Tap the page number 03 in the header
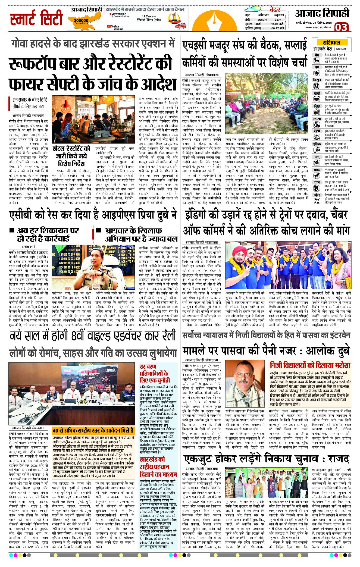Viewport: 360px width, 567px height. (x=341, y=27)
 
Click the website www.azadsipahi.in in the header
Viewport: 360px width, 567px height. (x=318, y=27)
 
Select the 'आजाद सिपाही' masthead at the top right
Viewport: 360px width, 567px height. (x=322, y=14)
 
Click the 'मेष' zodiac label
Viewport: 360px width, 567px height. (x=317, y=55)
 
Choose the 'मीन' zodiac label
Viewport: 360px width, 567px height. (x=317, y=195)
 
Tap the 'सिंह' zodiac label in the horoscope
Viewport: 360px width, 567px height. (x=317, y=106)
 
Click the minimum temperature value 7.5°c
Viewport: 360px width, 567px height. (x=278, y=20)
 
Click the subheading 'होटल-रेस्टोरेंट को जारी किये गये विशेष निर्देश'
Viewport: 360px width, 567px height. (x=71, y=156)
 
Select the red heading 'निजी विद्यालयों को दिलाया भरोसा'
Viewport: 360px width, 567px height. (x=310, y=365)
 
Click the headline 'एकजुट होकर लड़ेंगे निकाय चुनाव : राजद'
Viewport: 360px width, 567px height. (x=266, y=459)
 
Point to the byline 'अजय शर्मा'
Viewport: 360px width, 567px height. (x=28, y=247)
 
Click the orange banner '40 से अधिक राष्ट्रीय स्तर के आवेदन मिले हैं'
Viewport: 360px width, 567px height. (x=93, y=430)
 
